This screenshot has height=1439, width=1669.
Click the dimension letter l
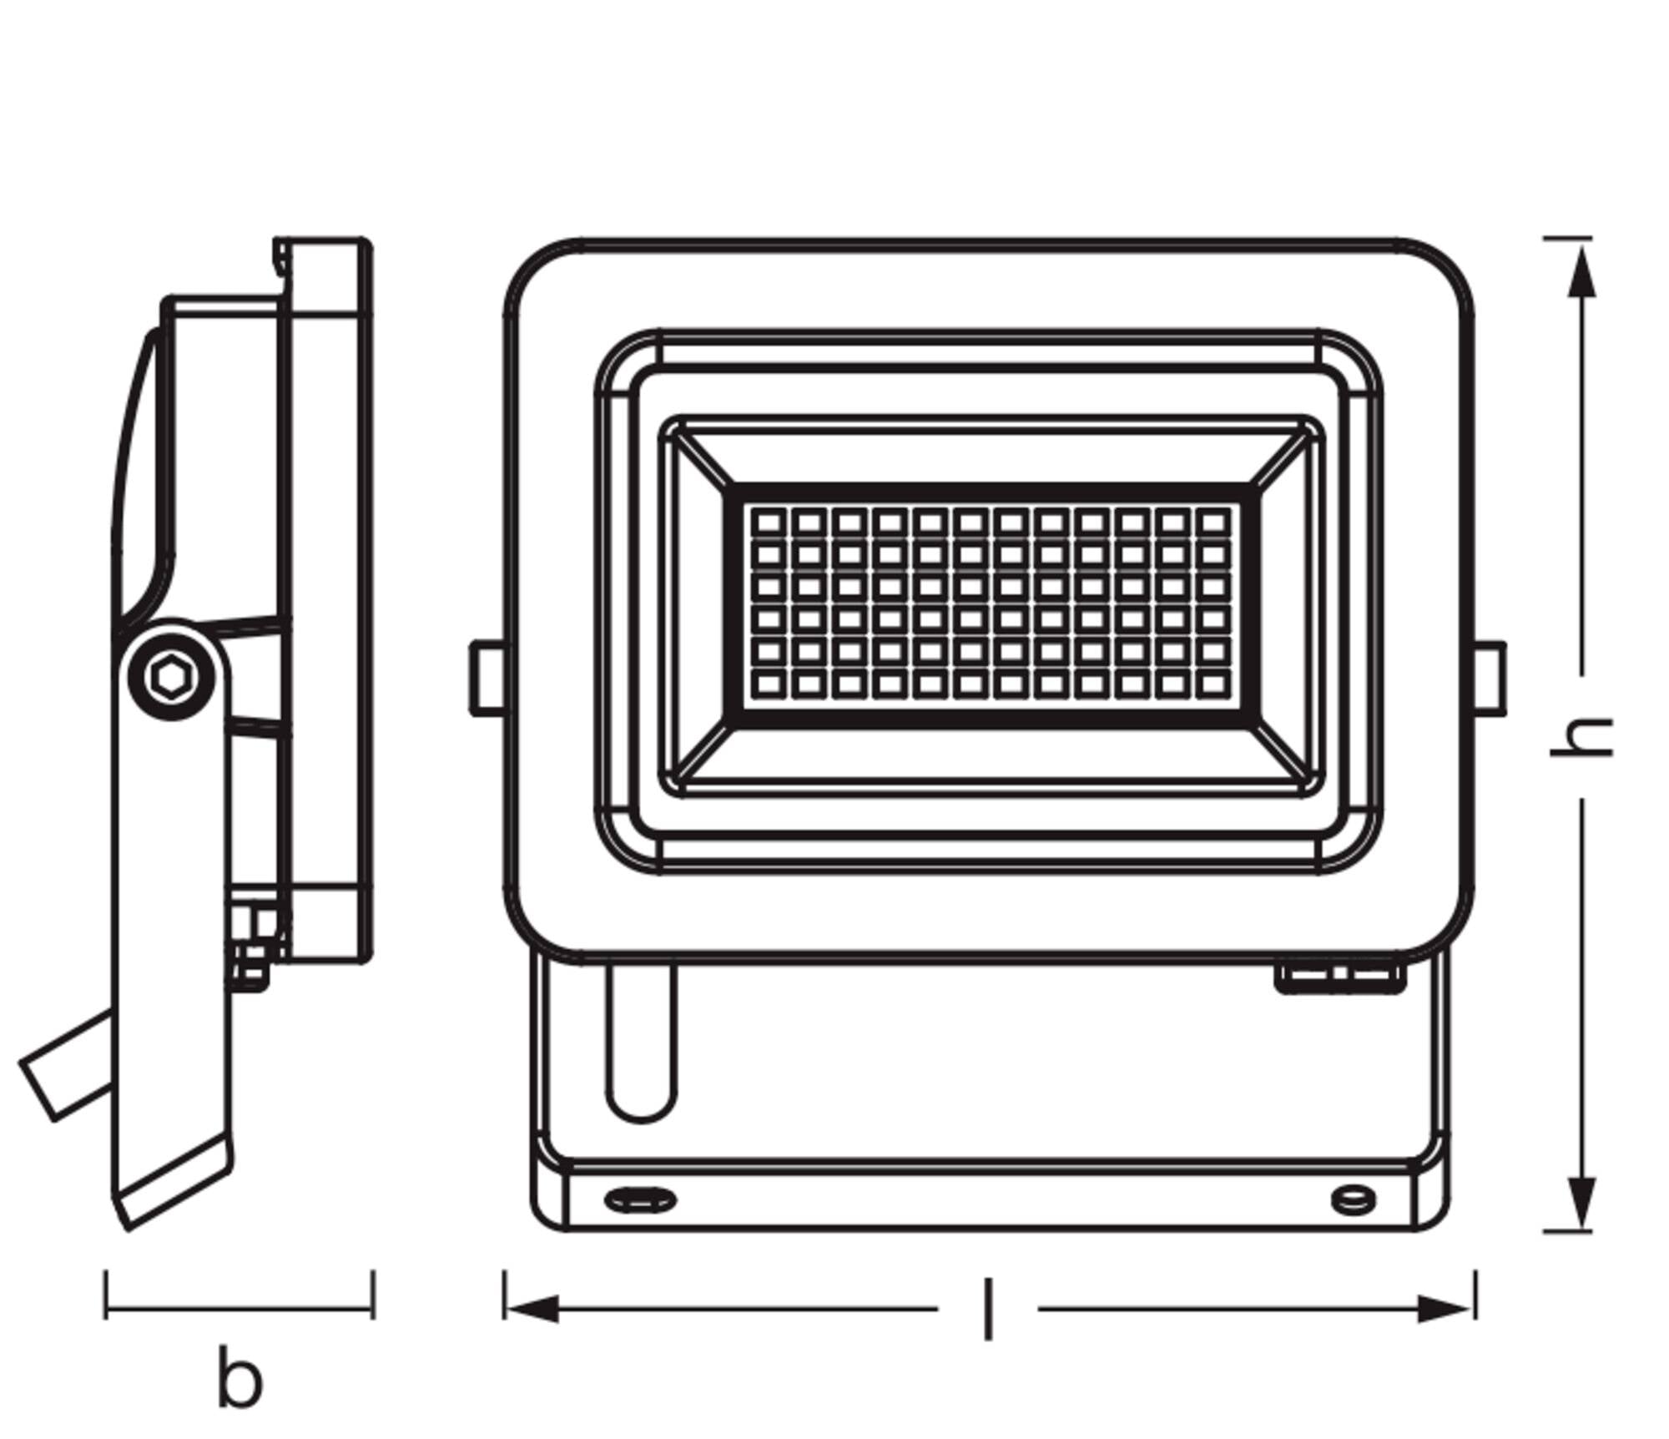coord(988,1309)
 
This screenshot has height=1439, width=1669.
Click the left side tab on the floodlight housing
coord(487,678)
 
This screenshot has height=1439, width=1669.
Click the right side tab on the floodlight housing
coord(1490,678)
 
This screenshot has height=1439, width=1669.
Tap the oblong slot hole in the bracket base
coord(639,1200)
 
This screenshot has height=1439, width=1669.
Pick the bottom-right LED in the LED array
coord(1213,684)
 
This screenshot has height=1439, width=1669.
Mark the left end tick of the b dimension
coord(105,1295)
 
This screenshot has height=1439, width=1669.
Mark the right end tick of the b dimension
coord(373,1295)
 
